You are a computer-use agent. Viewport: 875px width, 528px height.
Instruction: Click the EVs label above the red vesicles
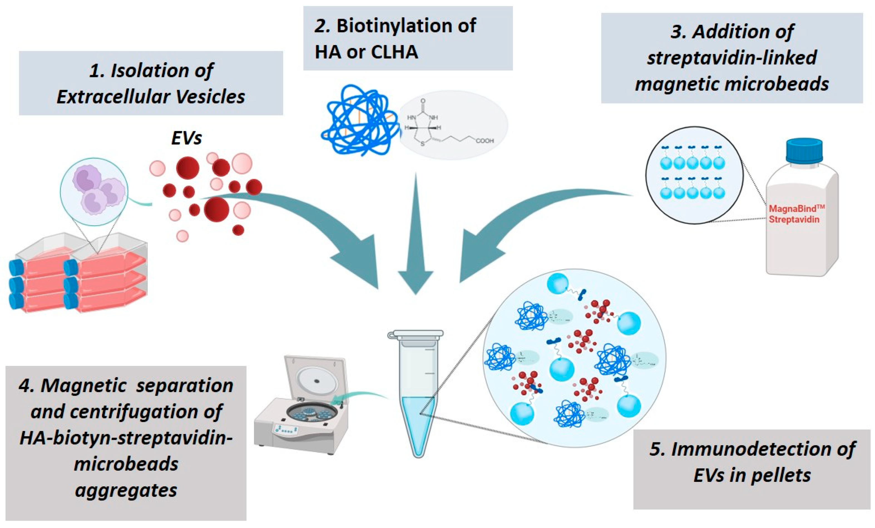click(x=186, y=138)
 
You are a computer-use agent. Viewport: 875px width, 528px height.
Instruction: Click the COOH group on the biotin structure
click(x=485, y=141)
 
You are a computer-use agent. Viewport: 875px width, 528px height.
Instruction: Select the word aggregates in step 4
click(x=126, y=490)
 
